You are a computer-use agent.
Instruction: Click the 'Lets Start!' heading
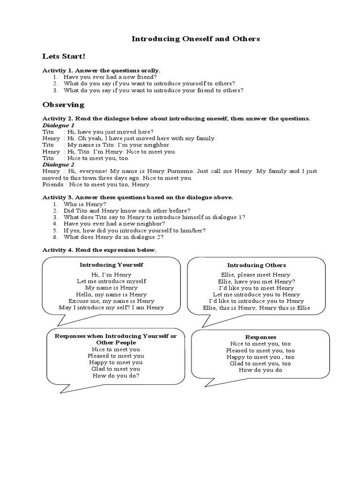[x=64, y=56]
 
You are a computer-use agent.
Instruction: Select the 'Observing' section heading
[x=63, y=105]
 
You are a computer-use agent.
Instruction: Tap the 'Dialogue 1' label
[x=58, y=125]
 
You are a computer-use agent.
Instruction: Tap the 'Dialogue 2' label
[x=58, y=165]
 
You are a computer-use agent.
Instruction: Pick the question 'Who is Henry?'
[x=84, y=204]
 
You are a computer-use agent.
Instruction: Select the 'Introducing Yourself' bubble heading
[x=111, y=265]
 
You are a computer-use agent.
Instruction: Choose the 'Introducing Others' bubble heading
[x=256, y=265]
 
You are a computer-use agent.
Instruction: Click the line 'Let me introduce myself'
[x=112, y=281]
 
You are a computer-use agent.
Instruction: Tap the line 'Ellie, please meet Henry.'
[x=256, y=274]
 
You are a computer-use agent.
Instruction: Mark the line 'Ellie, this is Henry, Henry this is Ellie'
[x=256, y=307]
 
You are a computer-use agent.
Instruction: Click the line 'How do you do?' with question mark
[x=116, y=375]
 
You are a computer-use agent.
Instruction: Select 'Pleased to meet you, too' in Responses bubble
[x=261, y=350]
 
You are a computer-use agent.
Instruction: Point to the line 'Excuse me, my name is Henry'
[x=111, y=300]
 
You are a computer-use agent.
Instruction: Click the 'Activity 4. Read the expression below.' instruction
[x=99, y=250]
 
